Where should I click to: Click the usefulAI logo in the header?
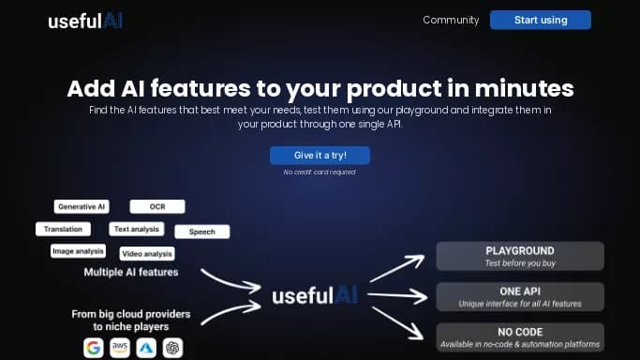point(85,21)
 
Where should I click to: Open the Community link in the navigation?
point(451,20)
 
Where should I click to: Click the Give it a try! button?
point(320,155)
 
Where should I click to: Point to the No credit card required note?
point(320,172)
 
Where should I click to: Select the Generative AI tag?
point(82,206)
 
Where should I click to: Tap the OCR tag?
point(157,206)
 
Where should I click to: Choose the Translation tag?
point(64,229)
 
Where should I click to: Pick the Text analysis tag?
point(137,229)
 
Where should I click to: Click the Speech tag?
point(201,232)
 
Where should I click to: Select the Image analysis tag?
point(78,251)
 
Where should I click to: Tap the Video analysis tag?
point(147,253)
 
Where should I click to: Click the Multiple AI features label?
point(131,273)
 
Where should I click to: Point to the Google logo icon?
point(93,348)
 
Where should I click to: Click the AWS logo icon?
point(120,348)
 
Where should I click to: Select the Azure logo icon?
point(146,348)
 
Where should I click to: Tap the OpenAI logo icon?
point(172,348)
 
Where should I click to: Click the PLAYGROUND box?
point(520,256)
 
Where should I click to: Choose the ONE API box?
point(520,296)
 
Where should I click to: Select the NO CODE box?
point(520,337)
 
